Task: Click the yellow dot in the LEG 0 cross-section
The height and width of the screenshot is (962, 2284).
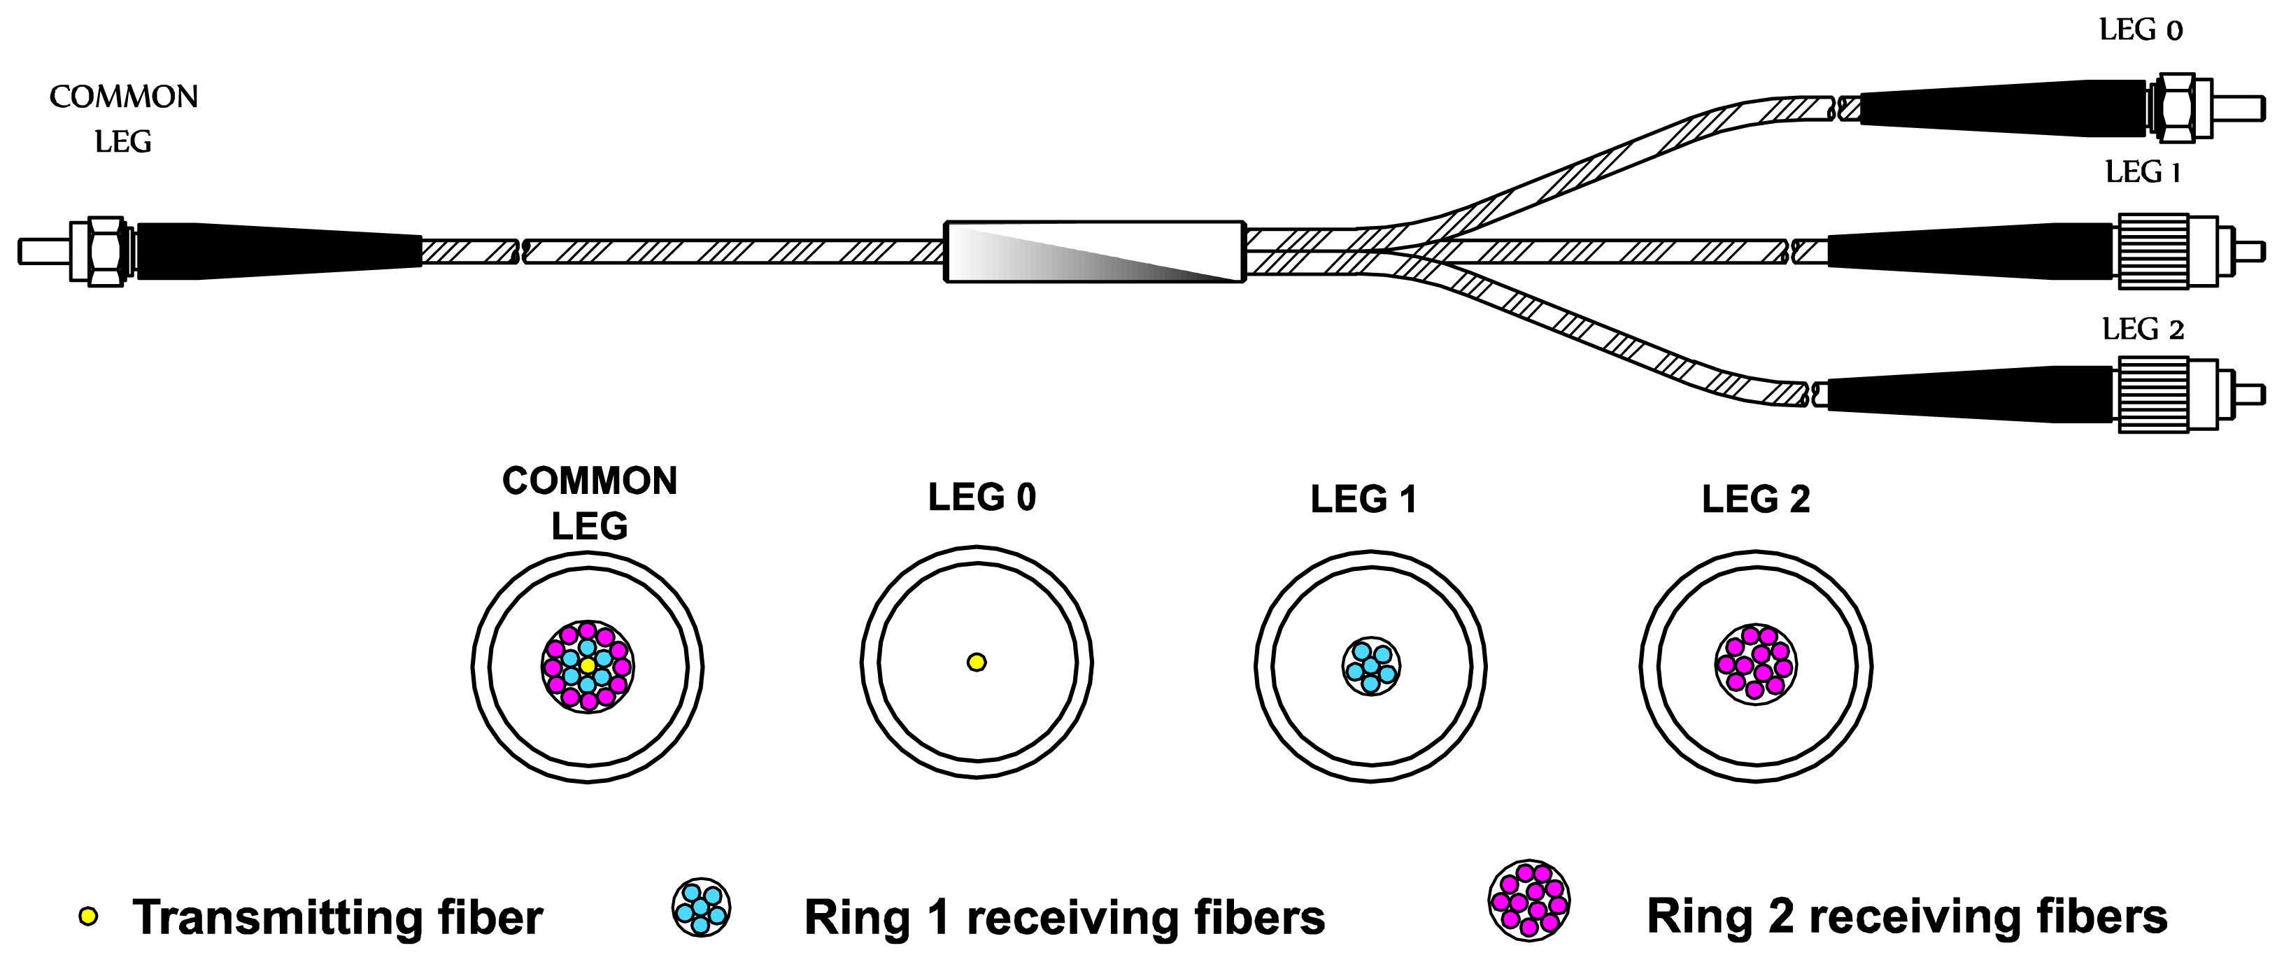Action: (976, 661)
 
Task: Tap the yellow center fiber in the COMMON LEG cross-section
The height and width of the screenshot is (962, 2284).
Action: (587, 665)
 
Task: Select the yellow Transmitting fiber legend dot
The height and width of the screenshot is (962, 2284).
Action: (87, 916)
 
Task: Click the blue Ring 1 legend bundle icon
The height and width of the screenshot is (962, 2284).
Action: (700, 907)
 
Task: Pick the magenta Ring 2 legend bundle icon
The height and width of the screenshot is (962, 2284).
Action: (1528, 900)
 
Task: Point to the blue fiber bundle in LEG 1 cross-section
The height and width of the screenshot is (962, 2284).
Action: (1371, 666)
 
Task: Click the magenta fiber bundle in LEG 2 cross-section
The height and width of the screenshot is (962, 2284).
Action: (1756, 664)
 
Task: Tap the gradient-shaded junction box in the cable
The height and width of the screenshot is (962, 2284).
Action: (1094, 252)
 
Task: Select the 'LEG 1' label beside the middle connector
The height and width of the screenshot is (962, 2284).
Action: (2141, 172)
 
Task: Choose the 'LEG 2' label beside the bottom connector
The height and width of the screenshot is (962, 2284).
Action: (2141, 330)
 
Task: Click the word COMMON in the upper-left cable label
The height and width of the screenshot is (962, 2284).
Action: (123, 97)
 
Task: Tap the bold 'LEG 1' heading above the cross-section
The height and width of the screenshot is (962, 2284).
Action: (1363, 499)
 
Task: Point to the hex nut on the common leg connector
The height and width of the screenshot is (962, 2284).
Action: (106, 252)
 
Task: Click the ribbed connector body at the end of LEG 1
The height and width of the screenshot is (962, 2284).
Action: (2152, 251)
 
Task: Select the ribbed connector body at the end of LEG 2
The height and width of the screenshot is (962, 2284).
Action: (2152, 395)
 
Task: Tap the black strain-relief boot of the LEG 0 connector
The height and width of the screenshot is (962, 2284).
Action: (2003, 109)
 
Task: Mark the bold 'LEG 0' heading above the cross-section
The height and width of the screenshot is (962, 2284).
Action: (981, 497)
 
